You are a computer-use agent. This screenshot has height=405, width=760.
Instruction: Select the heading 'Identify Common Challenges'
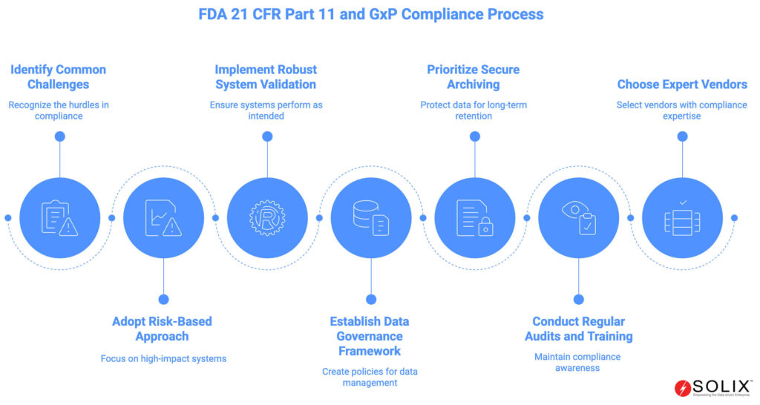click(58, 76)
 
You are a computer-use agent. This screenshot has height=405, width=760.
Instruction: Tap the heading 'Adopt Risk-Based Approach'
click(162, 329)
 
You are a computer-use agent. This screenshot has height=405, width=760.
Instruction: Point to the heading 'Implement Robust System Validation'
click(266, 76)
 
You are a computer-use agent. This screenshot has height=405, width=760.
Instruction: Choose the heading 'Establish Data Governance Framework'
click(370, 336)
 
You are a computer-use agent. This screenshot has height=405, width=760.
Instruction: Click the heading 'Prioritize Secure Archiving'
click(474, 76)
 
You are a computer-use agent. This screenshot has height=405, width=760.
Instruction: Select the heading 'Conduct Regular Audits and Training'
click(577, 329)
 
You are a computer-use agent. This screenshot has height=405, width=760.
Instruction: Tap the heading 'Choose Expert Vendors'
click(681, 84)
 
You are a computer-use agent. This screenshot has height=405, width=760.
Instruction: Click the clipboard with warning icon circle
click(59, 218)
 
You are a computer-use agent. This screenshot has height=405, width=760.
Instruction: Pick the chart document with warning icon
click(163, 218)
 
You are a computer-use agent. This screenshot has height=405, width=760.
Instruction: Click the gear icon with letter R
click(267, 218)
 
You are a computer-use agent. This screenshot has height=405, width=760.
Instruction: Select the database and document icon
click(371, 218)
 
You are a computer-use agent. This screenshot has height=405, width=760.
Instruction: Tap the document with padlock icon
click(475, 218)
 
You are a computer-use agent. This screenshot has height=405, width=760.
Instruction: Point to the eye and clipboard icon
click(579, 218)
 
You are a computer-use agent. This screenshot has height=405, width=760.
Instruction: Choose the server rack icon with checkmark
click(683, 218)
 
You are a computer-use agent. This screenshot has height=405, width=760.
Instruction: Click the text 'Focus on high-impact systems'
click(163, 358)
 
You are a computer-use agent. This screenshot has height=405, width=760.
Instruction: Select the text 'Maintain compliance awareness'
click(577, 363)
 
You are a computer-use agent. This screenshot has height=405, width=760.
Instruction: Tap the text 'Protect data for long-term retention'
click(474, 110)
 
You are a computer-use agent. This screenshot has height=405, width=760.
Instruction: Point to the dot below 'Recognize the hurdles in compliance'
click(59, 136)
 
